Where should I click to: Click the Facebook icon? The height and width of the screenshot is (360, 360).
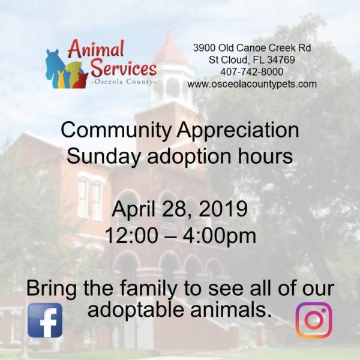[x=45, y=320]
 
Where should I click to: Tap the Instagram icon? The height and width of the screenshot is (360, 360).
[x=314, y=320]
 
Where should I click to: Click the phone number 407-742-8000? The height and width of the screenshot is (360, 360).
[x=252, y=72]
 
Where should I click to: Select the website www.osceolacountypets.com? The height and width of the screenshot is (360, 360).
[x=252, y=84]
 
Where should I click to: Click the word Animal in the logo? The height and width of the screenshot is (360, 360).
[x=96, y=49]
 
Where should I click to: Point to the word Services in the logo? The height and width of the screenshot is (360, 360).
[x=124, y=68]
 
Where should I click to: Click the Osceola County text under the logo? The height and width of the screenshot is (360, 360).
[x=124, y=82]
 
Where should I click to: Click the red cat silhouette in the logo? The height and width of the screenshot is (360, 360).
[x=80, y=80]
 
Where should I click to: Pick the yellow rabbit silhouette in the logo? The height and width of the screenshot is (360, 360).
[x=61, y=80]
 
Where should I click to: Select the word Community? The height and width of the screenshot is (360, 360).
[x=116, y=131]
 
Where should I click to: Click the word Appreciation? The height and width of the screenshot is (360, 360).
[x=238, y=131]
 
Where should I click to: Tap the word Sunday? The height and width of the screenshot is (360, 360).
[x=103, y=157]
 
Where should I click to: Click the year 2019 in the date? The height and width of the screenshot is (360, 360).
[x=223, y=209]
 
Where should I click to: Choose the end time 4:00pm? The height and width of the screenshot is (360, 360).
[x=219, y=236]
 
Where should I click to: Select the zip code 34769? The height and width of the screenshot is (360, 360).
[x=281, y=59]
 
